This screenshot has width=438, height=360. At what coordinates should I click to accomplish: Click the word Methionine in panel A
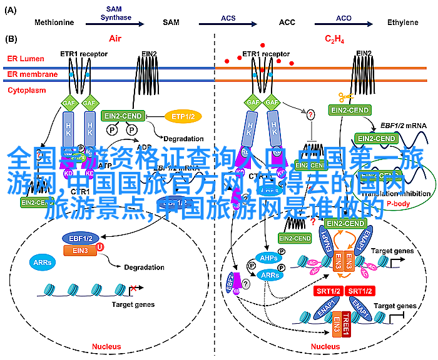(x=54, y=22)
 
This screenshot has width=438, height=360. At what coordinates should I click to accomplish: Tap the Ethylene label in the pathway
(x=402, y=22)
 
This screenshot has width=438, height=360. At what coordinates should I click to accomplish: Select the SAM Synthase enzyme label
(x=114, y=14)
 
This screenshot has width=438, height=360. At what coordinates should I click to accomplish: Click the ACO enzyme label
(x=344, y=17)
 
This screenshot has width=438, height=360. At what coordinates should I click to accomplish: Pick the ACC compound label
(x=287, y=22)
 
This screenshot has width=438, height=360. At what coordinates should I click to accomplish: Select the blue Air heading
(x=115, y=38)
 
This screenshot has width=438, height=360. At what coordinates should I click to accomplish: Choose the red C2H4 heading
(x=334, y=39)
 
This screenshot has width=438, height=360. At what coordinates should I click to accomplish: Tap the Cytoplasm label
(x=26, y=90)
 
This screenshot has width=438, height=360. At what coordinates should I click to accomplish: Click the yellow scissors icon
(x=345, y=97)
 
